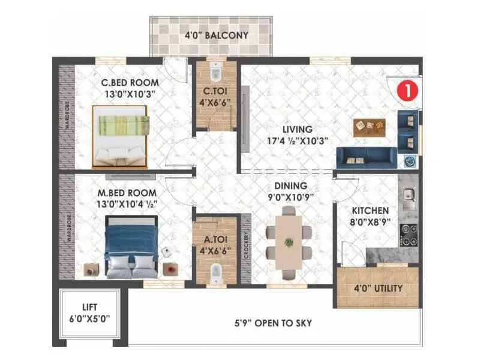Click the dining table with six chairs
coord(289,241)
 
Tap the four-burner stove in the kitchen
coord(409,235)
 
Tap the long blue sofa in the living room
coord(366,158)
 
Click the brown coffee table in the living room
coord(369,127)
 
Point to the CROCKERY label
coord(246,245)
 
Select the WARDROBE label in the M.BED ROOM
coord(68,227)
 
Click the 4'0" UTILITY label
coord(378,288)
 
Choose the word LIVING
coord(298,129)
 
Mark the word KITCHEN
coord(370,211)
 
